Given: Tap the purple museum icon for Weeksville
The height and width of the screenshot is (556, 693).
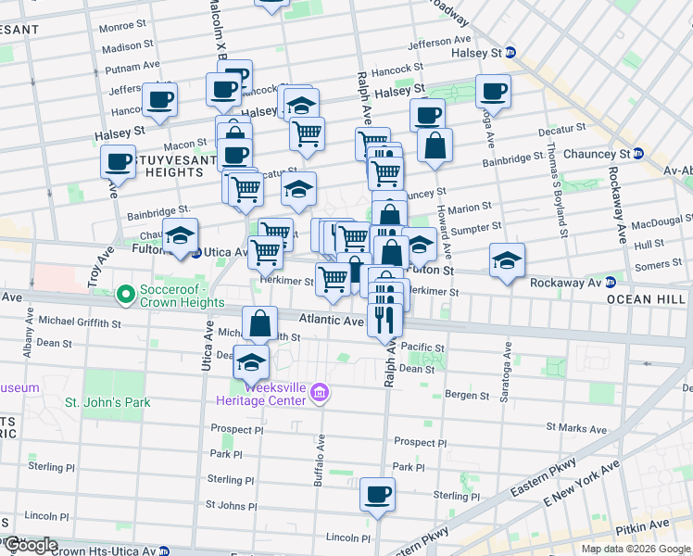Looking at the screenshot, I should tap(321, 394).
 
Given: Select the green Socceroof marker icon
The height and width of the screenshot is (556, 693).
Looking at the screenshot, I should tap(126, 296).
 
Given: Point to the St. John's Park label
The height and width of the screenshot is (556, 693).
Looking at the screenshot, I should tap(107, 403).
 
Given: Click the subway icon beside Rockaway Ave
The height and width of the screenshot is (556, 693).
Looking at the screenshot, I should tap(611, 283).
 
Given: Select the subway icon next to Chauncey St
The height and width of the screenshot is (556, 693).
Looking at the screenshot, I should tap(639, 154).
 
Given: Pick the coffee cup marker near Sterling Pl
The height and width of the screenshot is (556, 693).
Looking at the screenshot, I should tap(377, 495).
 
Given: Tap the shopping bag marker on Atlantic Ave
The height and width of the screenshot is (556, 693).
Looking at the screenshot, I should tap(260, 324).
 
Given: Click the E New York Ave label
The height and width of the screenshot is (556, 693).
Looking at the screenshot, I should tap(581, 485).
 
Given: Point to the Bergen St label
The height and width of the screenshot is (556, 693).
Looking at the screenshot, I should tap(467, 396).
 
